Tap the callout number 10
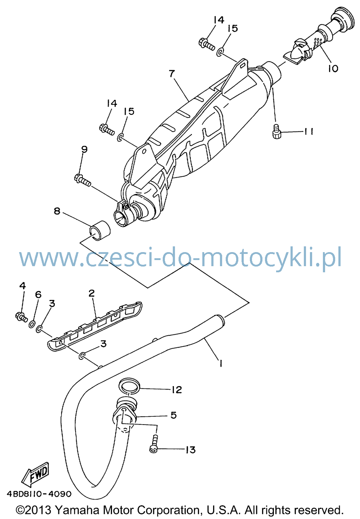(x=333, y=68)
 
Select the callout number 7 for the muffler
(x=171, y=74)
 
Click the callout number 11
(x=308, y=131)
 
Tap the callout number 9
(x=84, y=149)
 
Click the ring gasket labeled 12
(x=129, y=386)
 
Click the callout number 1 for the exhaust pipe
(x=221, y=363)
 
